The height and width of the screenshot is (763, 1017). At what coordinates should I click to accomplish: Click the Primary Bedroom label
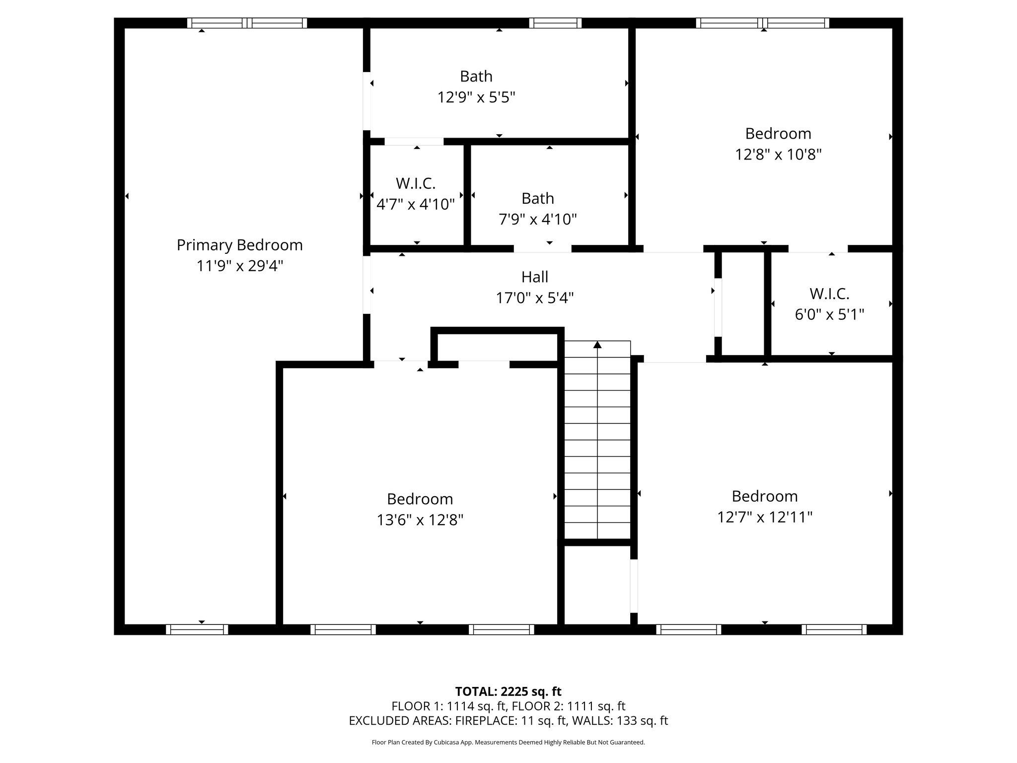pos(239,245)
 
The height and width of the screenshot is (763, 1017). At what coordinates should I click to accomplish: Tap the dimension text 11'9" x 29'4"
pos(240,266)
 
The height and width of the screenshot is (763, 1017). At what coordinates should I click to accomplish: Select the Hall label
pos(535,277)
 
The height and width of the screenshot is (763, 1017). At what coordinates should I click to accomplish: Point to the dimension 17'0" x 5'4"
pos(535,298)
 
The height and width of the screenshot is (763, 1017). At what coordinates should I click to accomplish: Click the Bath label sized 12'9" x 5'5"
pos(476,76)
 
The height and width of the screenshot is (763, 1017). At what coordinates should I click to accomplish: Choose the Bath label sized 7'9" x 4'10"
pos(538,198)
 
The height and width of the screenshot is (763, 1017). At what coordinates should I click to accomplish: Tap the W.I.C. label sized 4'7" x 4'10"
pos(416,183)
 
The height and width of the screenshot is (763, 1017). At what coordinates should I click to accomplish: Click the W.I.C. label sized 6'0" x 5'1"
pos(829,294)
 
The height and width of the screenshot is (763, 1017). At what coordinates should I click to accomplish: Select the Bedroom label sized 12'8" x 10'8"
pos(778,133)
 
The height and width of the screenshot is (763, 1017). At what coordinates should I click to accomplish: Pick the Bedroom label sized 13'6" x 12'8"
pos(420,499)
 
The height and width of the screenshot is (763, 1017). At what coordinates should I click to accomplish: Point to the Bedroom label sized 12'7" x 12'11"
pos(765,496)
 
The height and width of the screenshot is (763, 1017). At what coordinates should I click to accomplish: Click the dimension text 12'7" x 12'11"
pos(765,518)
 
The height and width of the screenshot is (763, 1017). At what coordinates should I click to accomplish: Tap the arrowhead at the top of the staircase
pos(597,344)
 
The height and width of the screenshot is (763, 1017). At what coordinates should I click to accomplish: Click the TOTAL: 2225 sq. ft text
pos(508,691)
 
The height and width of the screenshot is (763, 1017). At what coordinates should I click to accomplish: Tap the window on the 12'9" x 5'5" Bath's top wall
pos(555,23)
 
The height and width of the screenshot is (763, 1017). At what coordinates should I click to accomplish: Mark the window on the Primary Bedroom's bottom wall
pos(197,629)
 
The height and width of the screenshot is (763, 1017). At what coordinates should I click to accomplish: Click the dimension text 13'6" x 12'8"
pos(420,520)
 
